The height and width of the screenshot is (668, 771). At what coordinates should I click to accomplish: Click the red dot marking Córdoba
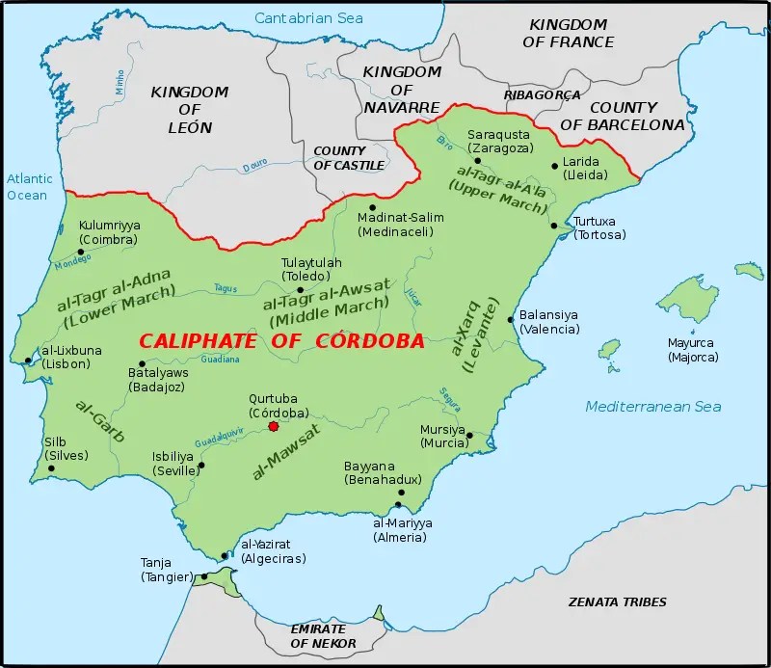274,426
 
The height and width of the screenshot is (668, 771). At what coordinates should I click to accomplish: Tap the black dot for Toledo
301,289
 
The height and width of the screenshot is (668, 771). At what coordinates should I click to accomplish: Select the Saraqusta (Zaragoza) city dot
491,161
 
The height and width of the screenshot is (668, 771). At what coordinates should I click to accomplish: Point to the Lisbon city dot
28,361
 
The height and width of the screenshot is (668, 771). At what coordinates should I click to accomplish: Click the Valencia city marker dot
510,319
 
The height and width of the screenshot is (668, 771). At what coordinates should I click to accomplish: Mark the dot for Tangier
203,576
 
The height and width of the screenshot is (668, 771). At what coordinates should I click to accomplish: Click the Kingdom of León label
189,109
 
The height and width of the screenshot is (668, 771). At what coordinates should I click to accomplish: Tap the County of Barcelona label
637,116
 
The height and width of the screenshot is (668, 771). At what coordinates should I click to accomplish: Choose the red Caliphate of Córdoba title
280,341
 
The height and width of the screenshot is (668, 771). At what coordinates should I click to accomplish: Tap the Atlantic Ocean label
26,187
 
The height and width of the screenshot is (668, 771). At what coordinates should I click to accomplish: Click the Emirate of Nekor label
323,635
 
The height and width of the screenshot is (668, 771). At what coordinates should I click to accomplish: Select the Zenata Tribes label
618,601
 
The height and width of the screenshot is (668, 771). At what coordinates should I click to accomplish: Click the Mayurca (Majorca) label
693,349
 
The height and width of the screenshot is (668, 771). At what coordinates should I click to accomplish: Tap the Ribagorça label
542,94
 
